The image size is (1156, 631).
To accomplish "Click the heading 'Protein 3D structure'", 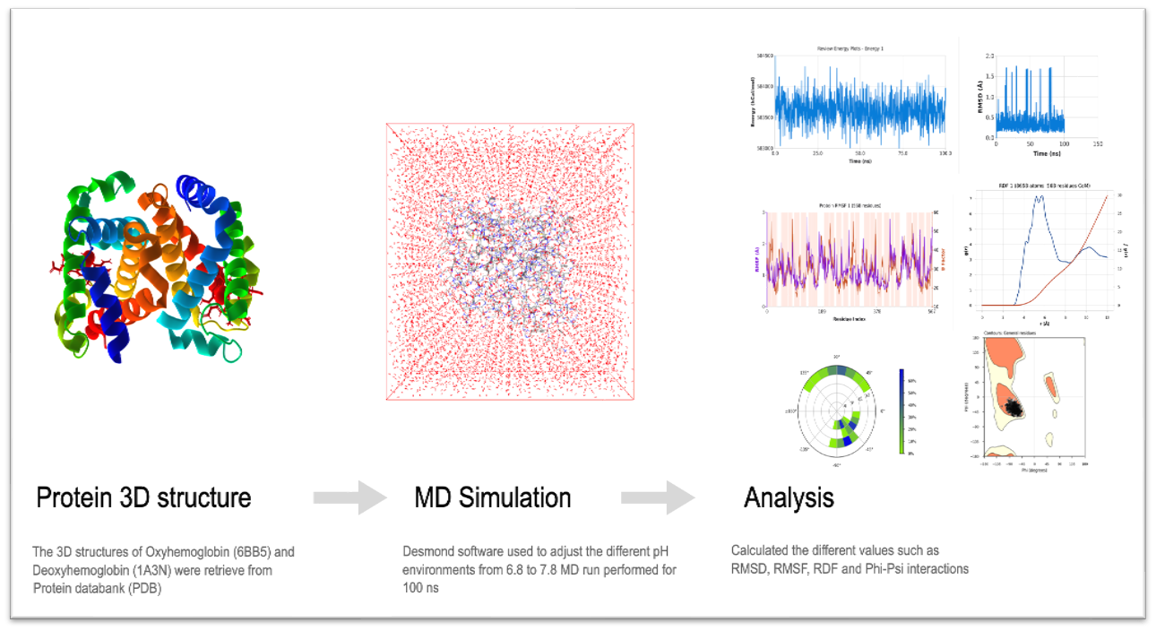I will point(143,497).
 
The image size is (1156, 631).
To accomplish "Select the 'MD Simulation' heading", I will point(492,497).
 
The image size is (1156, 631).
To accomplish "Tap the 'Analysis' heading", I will point(789,497).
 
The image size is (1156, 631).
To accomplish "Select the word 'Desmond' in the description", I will point(429,552).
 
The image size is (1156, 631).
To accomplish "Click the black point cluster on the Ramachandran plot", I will point(1014,408).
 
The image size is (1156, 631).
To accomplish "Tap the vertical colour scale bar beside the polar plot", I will point(901,411).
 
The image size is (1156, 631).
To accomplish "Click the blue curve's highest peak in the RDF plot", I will point(1040,197).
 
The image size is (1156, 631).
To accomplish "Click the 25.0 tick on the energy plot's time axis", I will point(817,153).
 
